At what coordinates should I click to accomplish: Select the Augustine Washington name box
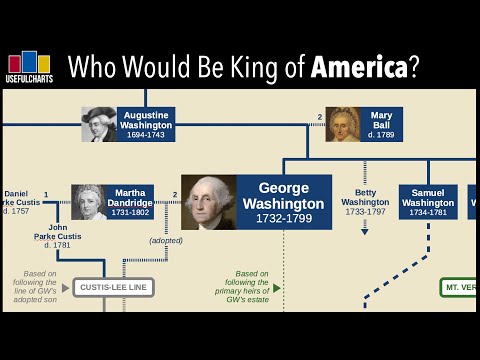tap(147, 124)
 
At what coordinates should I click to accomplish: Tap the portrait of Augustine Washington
tap(99, 124)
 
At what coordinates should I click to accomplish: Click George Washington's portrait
tap(208, 202)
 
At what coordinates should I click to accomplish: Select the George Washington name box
tap(284, 202)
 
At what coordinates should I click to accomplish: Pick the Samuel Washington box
tap(428, 202)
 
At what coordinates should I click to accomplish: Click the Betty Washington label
tap(365, 201)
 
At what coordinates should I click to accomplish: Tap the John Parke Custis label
tap(58, 236)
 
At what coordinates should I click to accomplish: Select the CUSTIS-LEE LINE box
tap(113, 288)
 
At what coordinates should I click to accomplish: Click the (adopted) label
tap(165, 240)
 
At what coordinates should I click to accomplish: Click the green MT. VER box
tap(458, 288)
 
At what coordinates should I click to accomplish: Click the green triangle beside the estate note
tap(276, 288)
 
